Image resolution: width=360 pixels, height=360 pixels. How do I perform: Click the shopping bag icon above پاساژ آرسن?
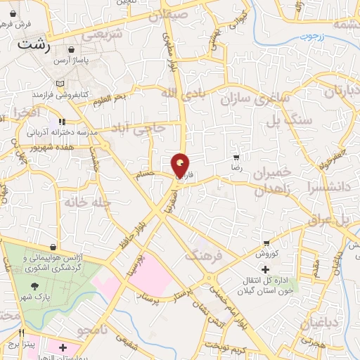point(73,51)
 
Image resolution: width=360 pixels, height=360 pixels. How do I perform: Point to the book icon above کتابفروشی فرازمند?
point(60,83)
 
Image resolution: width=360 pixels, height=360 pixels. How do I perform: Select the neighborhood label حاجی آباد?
point(141,128)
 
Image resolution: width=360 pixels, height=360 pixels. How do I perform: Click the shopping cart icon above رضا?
point(237,157)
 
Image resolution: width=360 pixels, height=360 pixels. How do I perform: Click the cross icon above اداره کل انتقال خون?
point(264,269)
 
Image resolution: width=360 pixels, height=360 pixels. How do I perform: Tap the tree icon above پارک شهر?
point(35,285)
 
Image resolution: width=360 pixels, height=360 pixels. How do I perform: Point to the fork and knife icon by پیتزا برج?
point(22,333)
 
